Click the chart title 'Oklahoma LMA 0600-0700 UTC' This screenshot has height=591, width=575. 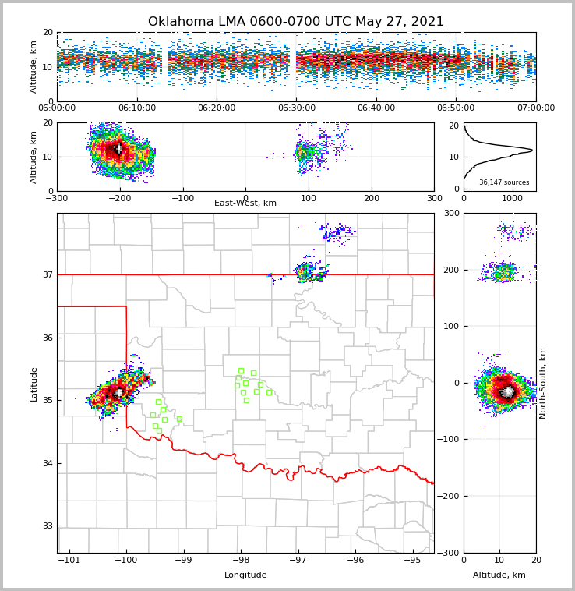295,22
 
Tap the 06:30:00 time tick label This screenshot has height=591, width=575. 296,108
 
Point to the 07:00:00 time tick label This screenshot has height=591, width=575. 535,108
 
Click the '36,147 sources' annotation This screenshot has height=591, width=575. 504,182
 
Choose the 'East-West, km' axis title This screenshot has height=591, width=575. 245,203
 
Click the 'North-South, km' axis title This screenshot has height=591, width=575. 543,383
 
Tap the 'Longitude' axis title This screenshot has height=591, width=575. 245,575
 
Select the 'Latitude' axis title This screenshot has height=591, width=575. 34,384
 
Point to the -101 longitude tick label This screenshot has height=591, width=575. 69,560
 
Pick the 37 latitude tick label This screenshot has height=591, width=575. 47,274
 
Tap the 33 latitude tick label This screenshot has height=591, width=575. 47,526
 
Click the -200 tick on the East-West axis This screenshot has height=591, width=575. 119,198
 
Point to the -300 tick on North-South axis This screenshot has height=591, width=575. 451,553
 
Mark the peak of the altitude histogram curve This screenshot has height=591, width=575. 532,150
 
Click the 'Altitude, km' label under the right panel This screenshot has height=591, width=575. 499,575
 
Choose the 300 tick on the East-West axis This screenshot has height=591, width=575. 434,198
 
